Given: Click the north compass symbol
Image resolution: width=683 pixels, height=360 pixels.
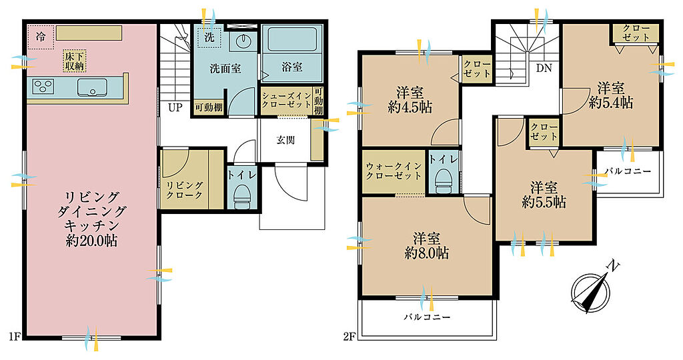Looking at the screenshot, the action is [590, 289].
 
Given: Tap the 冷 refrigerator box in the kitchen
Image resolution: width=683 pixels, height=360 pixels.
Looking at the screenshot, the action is [40, 37].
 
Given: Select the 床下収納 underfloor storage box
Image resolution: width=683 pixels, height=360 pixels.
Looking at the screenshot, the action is [75, 61].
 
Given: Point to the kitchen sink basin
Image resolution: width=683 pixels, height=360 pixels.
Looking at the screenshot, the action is [92, 87].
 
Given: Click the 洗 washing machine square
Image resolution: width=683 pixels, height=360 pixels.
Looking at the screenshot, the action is [209, 37].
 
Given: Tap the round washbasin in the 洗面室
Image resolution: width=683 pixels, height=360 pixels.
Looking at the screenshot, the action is [243, 41].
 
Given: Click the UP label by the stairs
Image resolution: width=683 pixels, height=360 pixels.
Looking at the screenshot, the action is [175, 107].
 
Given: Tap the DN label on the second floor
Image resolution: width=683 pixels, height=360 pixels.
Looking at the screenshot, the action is [544, 68].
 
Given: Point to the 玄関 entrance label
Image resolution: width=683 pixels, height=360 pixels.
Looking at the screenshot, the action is [285, 140].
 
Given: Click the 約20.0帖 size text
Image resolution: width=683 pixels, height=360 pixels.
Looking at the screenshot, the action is [91, 240].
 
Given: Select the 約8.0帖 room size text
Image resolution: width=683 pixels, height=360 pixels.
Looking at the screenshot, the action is [426, 253].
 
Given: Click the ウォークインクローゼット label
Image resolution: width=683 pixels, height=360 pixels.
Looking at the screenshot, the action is [394, 171].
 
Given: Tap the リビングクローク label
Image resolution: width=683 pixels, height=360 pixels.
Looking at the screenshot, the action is [185, 190].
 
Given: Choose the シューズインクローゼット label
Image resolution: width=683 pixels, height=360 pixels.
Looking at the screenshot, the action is [287, 101].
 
